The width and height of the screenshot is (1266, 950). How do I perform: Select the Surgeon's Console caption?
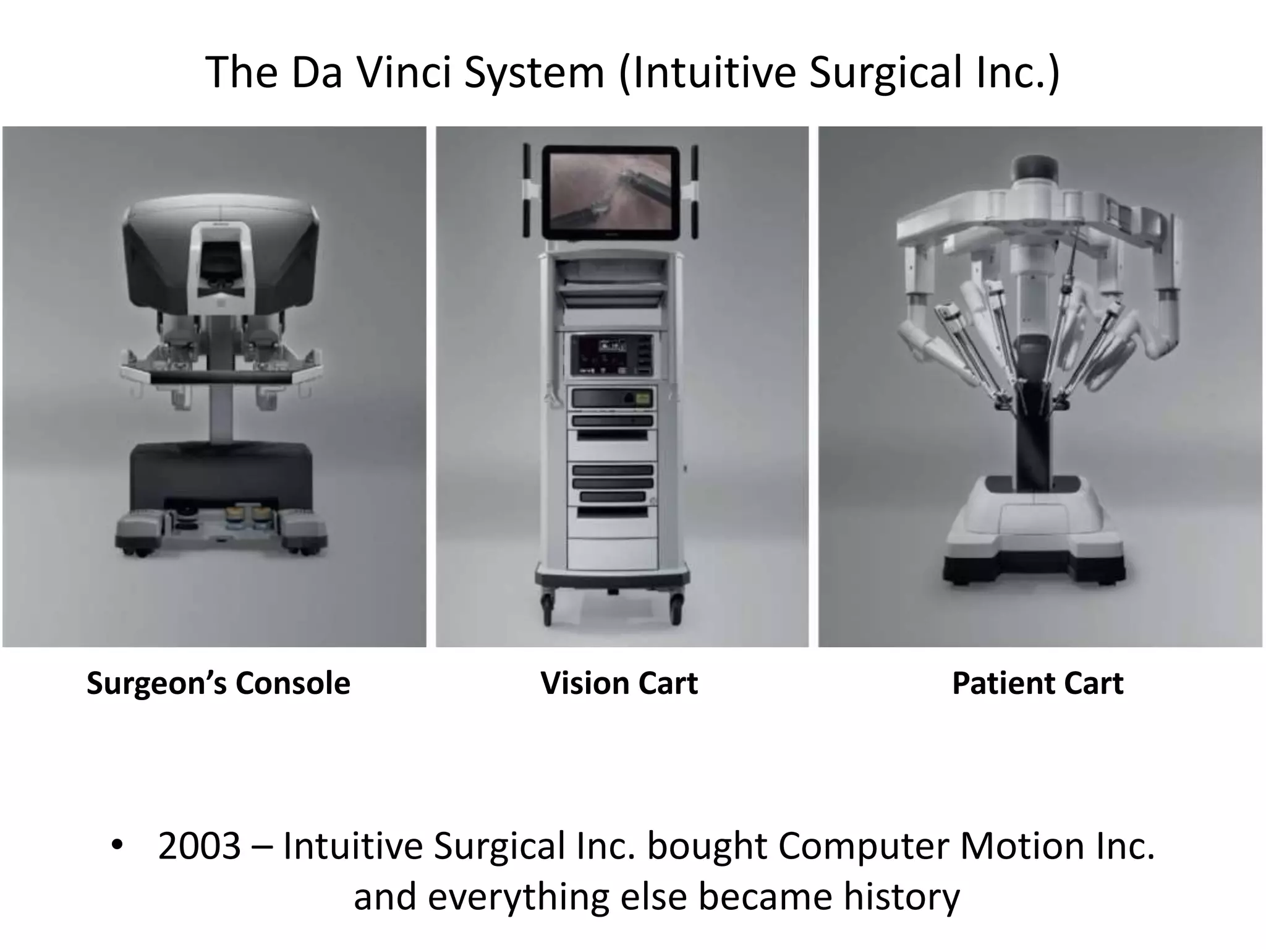pos(218,683)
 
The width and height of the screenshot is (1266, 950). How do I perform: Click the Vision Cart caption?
pos(619,683)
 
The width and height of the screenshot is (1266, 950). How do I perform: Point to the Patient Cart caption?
pos(1037,683)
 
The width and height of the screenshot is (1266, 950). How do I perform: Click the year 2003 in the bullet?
pos(199,845)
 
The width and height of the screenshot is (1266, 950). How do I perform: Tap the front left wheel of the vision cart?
pos(548,609)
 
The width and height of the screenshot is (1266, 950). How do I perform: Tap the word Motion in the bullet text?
pos(1022,845)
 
